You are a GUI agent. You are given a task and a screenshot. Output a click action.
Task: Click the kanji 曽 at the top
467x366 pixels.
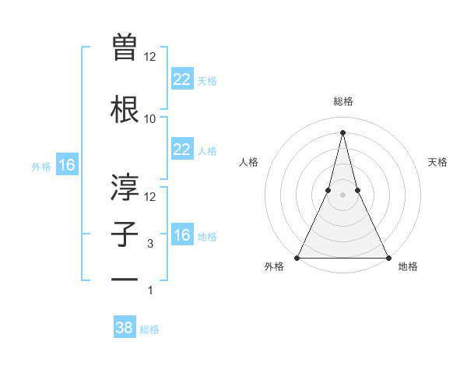point(125,48)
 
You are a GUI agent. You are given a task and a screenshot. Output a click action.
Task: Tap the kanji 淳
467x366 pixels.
point(125,186)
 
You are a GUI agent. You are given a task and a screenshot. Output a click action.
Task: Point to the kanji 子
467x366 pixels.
point(125,234)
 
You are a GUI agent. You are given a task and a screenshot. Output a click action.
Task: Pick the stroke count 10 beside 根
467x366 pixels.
point(150,119)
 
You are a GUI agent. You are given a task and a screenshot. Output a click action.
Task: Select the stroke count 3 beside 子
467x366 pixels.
point(150,244)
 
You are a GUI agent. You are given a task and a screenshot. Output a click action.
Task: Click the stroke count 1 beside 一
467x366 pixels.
point(150,290)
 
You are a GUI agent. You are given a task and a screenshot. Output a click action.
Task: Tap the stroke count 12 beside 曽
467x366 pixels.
point(150,57)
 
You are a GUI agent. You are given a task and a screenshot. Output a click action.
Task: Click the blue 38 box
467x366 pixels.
point(125,328)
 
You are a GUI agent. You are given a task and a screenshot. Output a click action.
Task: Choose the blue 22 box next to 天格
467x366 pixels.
point(181,79)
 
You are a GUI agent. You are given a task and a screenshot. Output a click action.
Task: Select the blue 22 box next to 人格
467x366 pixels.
point(181,150)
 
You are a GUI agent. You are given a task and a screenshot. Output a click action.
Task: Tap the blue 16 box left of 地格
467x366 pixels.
point(181,235)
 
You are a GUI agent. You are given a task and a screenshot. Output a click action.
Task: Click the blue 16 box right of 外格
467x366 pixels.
point(66,165)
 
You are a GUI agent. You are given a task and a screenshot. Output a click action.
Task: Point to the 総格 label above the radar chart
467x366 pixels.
point(342,101)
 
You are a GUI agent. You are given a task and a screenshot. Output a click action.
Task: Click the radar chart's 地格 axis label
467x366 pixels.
point(408,266)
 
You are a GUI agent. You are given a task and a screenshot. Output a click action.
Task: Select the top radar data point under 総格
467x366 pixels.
point(342,132)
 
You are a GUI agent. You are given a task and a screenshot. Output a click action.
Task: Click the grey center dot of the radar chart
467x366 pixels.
point(342,195)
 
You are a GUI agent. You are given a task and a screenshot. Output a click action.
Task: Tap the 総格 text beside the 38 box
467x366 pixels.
point(149,329)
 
